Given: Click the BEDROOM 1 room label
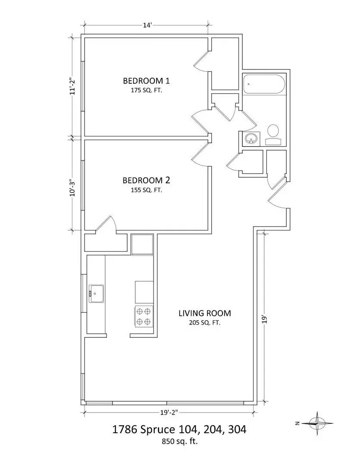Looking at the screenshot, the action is point(146,81).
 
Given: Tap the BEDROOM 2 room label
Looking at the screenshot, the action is point(146,180).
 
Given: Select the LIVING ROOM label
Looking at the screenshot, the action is point(205,313).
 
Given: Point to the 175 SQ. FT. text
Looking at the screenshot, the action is point(147,90).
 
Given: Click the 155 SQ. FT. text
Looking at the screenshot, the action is point(147,190).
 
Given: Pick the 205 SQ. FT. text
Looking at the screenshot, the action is point(205,323).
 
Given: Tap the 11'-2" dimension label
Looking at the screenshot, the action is point(72,86).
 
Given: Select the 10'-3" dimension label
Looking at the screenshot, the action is point(72,188).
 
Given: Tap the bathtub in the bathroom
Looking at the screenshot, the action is point(264,84).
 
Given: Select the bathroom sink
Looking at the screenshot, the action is point(251,139).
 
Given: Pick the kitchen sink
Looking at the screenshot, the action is point(96,294).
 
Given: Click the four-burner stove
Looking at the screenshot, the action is point(144,316).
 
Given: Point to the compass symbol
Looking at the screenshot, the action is point(317,423).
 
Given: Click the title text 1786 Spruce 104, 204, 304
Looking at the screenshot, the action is point(179,429).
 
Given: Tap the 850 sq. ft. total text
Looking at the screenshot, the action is point(179,442).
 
